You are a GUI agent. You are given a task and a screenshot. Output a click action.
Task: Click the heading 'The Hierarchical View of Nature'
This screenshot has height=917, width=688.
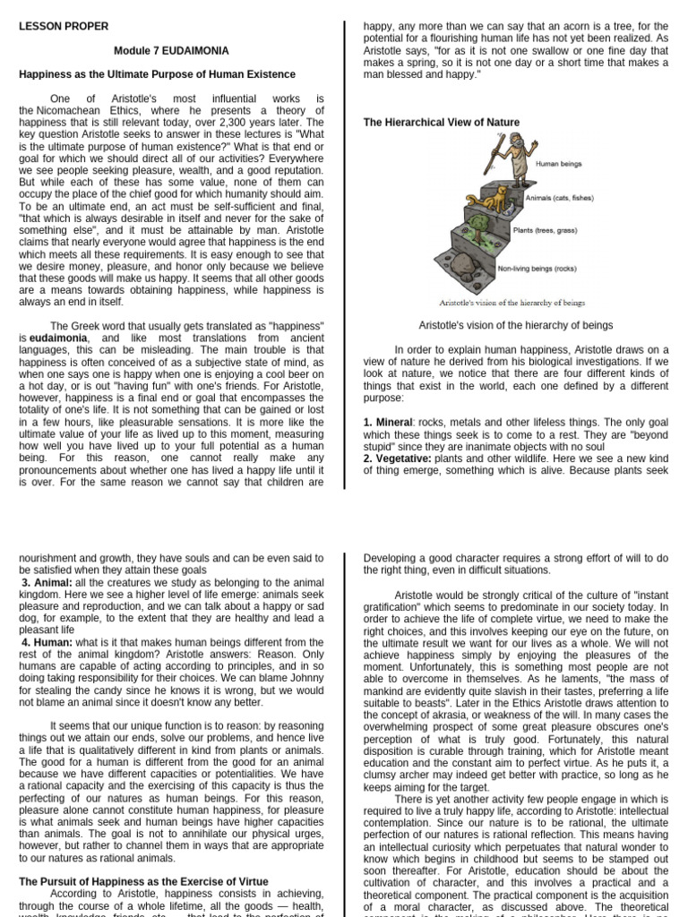click(x=441, y=122)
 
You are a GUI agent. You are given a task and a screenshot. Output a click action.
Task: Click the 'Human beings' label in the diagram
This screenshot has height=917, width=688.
click(x=559, y=164)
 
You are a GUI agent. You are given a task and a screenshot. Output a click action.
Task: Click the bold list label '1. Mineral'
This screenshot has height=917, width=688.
click(x=392, y=421)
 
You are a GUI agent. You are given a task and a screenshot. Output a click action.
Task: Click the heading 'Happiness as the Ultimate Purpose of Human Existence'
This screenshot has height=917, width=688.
click(x=157, y=73)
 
